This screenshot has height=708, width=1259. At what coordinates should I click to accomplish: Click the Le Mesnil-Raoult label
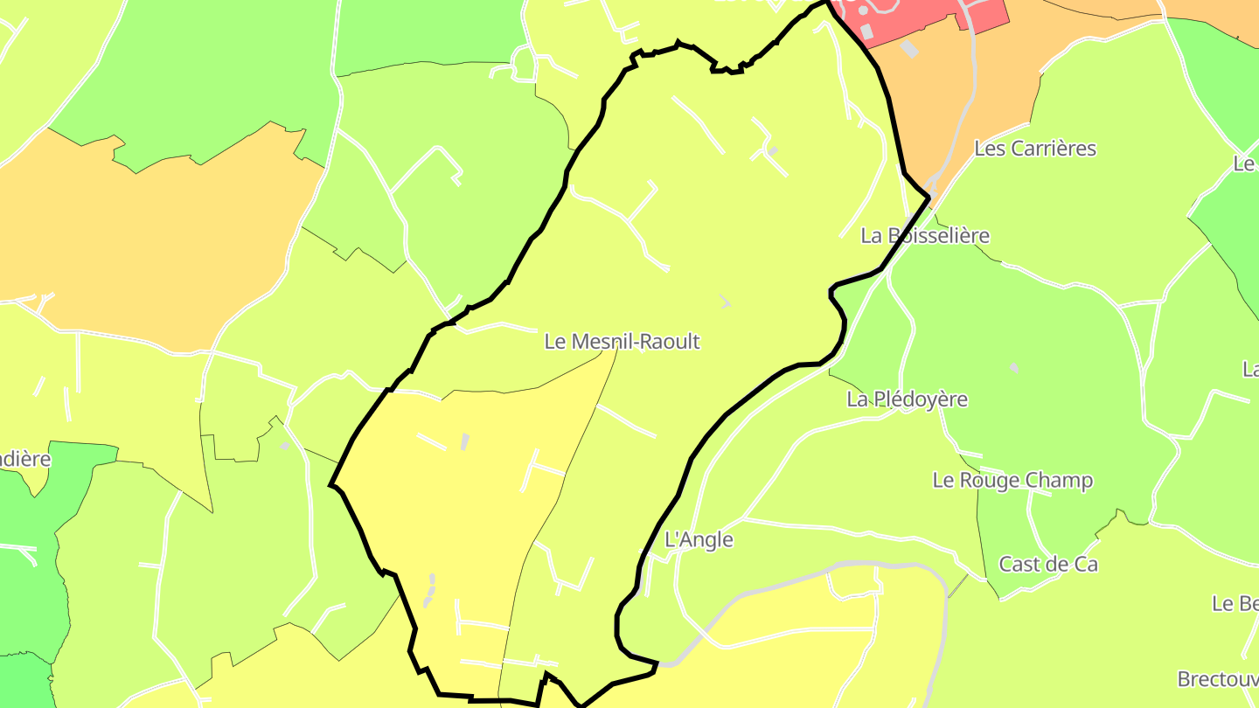pos(622,342)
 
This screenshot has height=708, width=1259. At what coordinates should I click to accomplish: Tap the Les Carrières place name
pos(1034,149)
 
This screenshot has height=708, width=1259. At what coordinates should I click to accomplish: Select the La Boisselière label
pos(925,236)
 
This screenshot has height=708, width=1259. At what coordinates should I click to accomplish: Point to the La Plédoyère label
pos(907,399)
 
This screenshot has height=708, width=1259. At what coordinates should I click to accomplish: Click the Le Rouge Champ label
pos(1012,481)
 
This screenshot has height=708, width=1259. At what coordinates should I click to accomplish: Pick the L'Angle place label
pos(699,540)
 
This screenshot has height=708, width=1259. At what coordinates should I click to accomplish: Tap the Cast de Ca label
pos(1047,565)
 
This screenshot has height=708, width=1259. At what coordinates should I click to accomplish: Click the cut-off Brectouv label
pos(1217,679)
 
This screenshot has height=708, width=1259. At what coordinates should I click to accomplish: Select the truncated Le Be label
pos(1235,604)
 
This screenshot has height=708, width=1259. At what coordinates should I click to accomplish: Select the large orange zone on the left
pos(149,236)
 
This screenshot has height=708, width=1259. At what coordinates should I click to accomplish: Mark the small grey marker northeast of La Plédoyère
pos(1014,369)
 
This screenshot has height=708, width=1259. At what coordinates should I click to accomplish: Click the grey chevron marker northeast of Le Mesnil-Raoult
pos(725,302)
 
